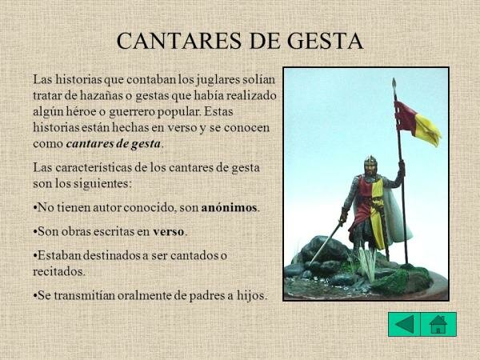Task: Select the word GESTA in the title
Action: [x=324, y=41]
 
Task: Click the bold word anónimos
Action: [x=230, y=207]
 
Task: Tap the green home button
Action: [x=438, y=324]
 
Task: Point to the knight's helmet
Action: [x=370, y=166]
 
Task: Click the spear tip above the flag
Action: [x=394, y=83]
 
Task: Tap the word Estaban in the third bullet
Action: [x=62, y=255]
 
